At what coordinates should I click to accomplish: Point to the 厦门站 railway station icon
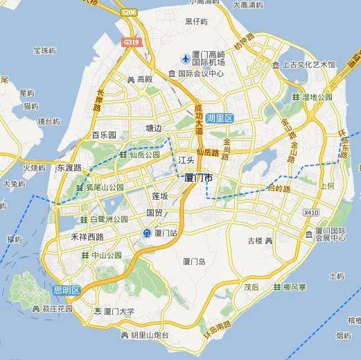click(x=147, y=233)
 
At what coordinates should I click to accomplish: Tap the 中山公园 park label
click(x=107, y=255)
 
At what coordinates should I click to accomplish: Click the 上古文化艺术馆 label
click(x=310, y=65)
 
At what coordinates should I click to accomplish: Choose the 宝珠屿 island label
click(x=33, y=51)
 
